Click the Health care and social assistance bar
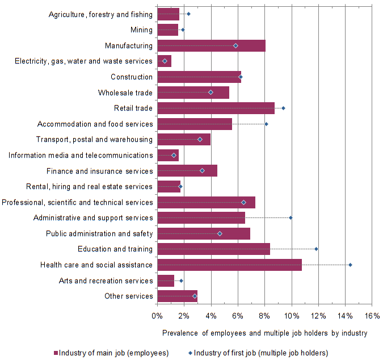pos(229,265)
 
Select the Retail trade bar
pos(216,108)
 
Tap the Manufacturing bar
pos(211,45)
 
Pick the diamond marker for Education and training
pos(316,249)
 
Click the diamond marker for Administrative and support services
pos(291,217)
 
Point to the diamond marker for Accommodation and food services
pos(266,124)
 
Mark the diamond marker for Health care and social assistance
pos(350,265)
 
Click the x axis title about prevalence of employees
pos(264,333)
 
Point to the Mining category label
pos(141,30)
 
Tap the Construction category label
pos(132,77)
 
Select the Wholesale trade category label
pos(125,93)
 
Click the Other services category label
pos(129,296)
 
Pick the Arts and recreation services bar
pos(166,281)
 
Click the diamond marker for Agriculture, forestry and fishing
pos(188,14)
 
